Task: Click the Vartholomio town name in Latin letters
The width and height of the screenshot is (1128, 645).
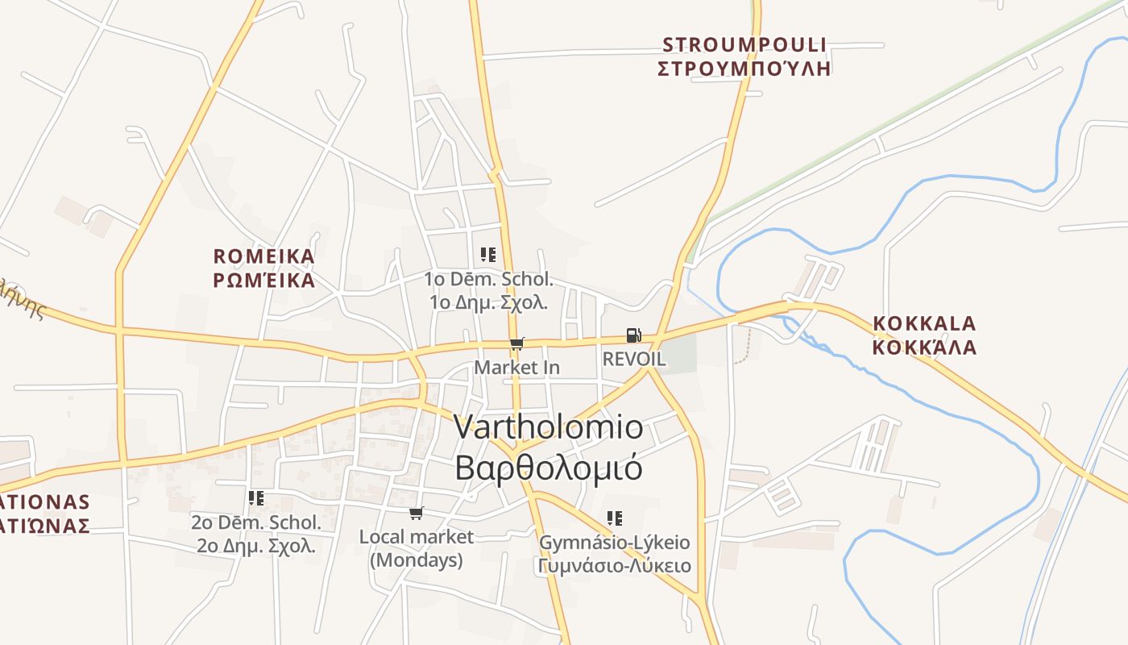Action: click(x=549, y=427)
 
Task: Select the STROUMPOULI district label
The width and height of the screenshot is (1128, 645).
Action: click(x=744, y=44)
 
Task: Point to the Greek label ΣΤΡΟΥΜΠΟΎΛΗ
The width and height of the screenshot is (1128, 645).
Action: click(x=744, y=68)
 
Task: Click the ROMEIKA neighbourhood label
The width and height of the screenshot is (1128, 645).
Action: click(x=264, y=256)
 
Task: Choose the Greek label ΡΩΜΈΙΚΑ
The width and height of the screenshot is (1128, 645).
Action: click(x=264, y=281)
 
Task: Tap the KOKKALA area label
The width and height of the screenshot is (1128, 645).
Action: click(x=925, y=324)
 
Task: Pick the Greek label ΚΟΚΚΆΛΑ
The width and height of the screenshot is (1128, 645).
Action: click(x=925, y=347)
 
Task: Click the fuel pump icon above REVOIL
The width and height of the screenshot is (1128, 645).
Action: click(x=634, y=335)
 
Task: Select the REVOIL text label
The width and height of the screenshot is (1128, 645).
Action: click(x=634, y=360)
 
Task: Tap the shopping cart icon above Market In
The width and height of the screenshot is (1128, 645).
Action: click(x=517, y=344)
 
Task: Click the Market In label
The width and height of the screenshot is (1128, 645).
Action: click(x=516, y=368)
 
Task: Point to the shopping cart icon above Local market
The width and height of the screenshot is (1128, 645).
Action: click(x=417, y=514)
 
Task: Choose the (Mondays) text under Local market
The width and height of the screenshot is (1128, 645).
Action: click(x=417, y=560)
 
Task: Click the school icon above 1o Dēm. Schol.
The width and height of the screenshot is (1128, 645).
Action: click(x=488, y=256)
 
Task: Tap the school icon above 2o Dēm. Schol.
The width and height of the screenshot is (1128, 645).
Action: click(x=256, y=498)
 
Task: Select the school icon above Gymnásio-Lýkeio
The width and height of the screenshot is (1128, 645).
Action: click(x=615, y=518)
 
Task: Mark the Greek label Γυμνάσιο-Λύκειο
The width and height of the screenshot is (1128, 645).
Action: click(x=614, y=565)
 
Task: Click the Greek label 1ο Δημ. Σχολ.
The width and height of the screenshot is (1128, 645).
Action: click(x=489, y=303)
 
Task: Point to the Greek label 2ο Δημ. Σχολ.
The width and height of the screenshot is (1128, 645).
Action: click(x=256, y=546)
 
